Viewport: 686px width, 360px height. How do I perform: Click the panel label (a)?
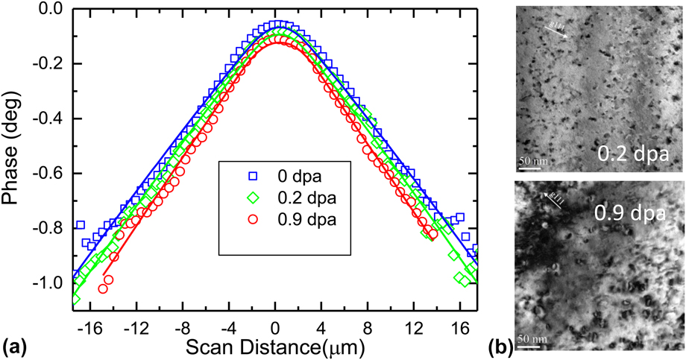(16, 345)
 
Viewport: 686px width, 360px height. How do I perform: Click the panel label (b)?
(497, 345)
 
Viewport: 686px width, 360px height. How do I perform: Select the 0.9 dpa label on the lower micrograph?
(629, 215)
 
